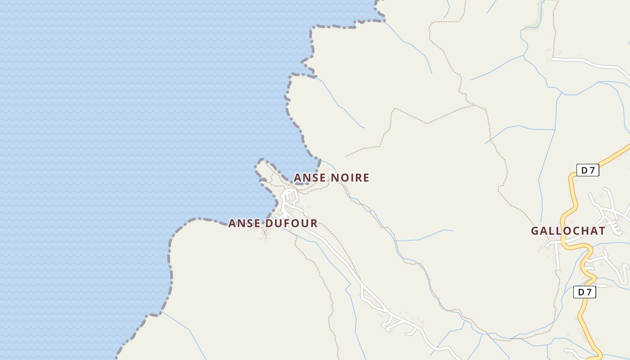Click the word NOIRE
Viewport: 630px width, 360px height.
coord(350,178)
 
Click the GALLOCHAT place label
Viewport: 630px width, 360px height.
coord(568,231)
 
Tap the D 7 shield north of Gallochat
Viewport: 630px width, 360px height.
coord(588,170)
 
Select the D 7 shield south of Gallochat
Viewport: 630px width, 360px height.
coord(585,292)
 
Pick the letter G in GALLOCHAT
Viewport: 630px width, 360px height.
coord(535,231)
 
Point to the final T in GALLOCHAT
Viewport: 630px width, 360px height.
coord(601,231)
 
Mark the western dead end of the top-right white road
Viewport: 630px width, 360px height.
coord(552,59)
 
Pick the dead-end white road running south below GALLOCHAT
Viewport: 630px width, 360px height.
coord(558,259)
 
